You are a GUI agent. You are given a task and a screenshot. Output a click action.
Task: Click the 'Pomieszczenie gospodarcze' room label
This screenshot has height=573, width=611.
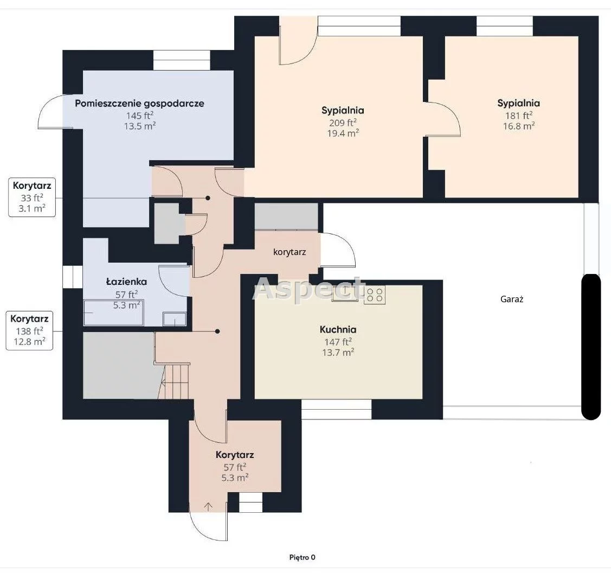(139, 103)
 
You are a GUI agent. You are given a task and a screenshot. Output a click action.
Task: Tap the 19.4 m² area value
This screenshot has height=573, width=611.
(343, 133)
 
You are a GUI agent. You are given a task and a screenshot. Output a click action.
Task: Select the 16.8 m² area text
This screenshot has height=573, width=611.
(519, 126)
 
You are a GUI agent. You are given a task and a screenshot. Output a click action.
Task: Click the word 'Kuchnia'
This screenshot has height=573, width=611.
(338, 329)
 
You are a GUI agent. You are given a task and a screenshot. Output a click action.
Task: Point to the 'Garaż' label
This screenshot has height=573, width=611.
(512, 299)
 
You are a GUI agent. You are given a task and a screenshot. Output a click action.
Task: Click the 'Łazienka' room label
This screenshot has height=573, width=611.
(127, 281)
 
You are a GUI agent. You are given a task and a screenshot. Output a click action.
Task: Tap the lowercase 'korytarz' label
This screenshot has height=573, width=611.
(290, 252)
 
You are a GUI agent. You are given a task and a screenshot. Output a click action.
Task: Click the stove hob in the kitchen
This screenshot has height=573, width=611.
(375, 295)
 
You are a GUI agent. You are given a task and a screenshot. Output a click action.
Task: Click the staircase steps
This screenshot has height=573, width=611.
(176, 381)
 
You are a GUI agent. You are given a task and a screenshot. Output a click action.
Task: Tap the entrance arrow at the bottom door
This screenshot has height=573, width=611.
(209, 507)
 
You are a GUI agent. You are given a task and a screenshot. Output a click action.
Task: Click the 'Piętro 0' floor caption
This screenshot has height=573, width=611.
(303, 557)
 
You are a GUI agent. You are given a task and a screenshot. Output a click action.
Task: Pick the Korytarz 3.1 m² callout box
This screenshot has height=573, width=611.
(32, 197)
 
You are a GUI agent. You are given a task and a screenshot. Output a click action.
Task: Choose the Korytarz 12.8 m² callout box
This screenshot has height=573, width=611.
(29, 330)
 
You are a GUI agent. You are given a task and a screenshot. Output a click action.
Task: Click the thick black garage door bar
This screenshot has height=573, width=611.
(591, 347)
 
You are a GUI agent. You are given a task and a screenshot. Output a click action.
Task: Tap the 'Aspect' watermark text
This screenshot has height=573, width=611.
(308, 289)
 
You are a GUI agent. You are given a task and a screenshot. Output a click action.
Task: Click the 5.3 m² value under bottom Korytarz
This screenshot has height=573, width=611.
(235, 477)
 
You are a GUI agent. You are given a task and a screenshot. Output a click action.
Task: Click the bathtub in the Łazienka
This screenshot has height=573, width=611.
(113, 313)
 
